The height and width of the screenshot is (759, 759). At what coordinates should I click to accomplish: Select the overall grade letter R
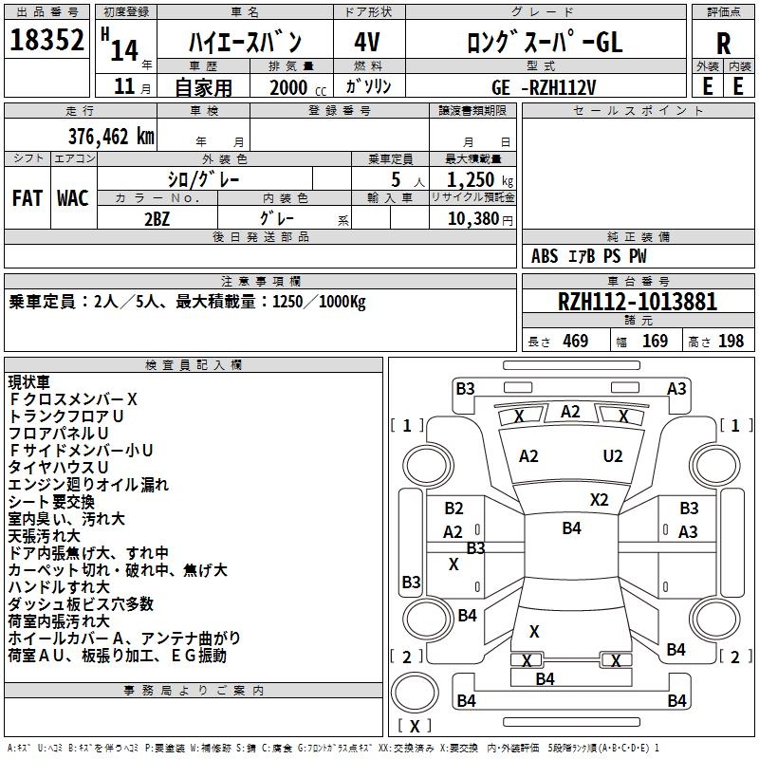point(723,44)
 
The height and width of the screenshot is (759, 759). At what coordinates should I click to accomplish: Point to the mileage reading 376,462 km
point(111,136)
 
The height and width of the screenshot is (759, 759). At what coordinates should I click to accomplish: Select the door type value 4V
point(366,42)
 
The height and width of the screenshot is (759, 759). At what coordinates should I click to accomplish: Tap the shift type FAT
point(27,198)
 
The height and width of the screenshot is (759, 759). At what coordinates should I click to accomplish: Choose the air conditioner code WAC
point(72,198)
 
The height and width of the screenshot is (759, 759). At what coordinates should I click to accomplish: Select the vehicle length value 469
point(572,341)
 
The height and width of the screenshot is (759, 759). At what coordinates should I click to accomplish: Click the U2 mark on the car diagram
point(613,455)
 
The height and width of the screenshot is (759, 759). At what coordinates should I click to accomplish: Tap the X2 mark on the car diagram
point(599,499)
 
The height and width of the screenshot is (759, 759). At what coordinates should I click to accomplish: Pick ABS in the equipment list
point(545,256)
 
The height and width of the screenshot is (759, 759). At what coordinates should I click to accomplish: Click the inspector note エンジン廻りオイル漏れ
point(88,485)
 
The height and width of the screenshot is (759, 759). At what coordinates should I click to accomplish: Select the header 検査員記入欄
point(194,364)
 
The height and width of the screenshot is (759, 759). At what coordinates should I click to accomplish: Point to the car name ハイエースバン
point(245,42)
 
